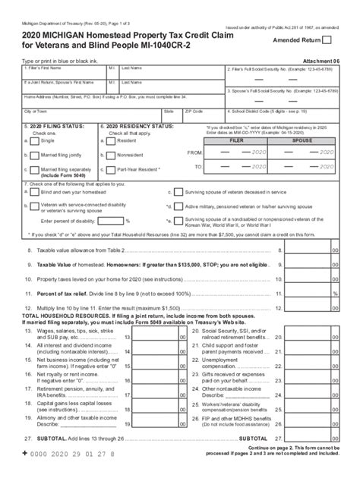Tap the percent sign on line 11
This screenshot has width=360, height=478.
coord(335,293)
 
